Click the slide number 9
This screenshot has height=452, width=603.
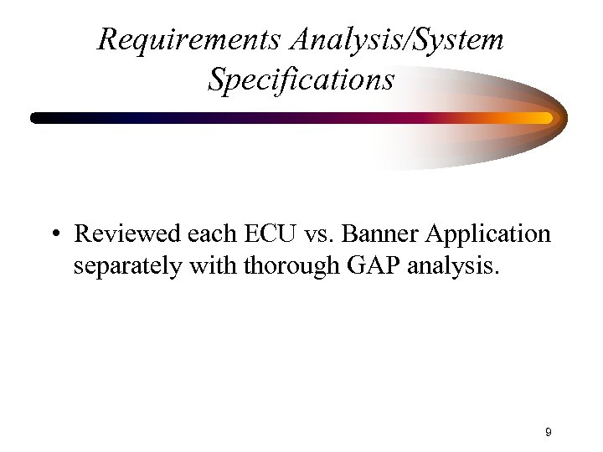pos(548,432)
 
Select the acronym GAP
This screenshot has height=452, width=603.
pos(361,267)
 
